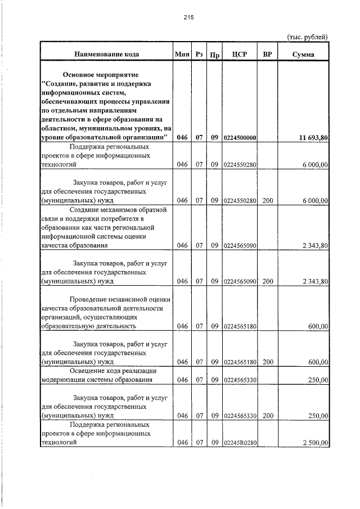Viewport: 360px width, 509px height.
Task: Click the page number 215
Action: click(x=188, y=17)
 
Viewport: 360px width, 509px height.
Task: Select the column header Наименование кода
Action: click(x=106, y=55)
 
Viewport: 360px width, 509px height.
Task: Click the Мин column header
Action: click(x=181, y=55)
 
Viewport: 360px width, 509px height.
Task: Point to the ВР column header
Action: click(x=267, y=55)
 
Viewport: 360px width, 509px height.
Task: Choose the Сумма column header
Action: click(x=303, y=55)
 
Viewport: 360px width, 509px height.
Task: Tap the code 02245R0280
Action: click(x=240, y=443)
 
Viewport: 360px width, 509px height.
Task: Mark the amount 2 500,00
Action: click(x=315, y=443)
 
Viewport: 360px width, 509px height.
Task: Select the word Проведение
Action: click(x=89, y=299)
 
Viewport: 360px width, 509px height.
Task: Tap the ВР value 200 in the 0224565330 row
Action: click(x=267, y=416)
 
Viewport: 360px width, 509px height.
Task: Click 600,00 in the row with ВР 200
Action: click(x=319, y=362)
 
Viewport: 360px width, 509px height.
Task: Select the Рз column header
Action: click(x=199, y=55)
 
